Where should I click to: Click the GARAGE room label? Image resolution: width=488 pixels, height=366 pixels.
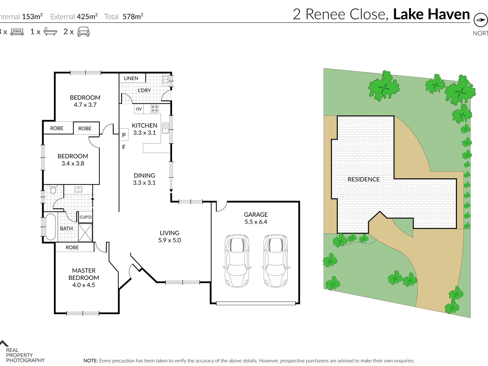click(256, 214)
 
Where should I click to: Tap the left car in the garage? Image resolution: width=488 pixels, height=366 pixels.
click(237, 261)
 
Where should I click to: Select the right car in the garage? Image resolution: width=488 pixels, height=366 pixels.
click(276, 261)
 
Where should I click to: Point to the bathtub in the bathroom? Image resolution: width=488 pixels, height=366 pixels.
click(50, 227)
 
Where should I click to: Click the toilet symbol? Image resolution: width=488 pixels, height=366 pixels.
click(53, 189)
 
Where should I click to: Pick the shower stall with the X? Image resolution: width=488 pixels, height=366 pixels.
click(85, 232)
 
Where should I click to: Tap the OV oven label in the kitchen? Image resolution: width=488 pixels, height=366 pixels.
click(139, 109)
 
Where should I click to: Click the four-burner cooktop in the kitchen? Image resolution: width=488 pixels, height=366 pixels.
click(155, 109)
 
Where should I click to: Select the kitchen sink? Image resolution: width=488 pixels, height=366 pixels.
click(165, 128)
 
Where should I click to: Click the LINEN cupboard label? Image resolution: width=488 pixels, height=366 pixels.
click(131, 78)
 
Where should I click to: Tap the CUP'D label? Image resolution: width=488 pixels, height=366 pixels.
click(86, 217)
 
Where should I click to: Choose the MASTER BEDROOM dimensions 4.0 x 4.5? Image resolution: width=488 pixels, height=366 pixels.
click(84, 285)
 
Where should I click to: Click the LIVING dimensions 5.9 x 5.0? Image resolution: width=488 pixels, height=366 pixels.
click(170, 240)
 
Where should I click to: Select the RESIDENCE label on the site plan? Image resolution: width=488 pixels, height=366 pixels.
click(363, 179)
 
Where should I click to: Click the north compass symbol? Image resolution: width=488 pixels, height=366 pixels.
click(481, 20)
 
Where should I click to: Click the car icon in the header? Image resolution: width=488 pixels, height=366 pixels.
click(83, 32)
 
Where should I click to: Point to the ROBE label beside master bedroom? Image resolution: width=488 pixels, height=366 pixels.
click(72, 247)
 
